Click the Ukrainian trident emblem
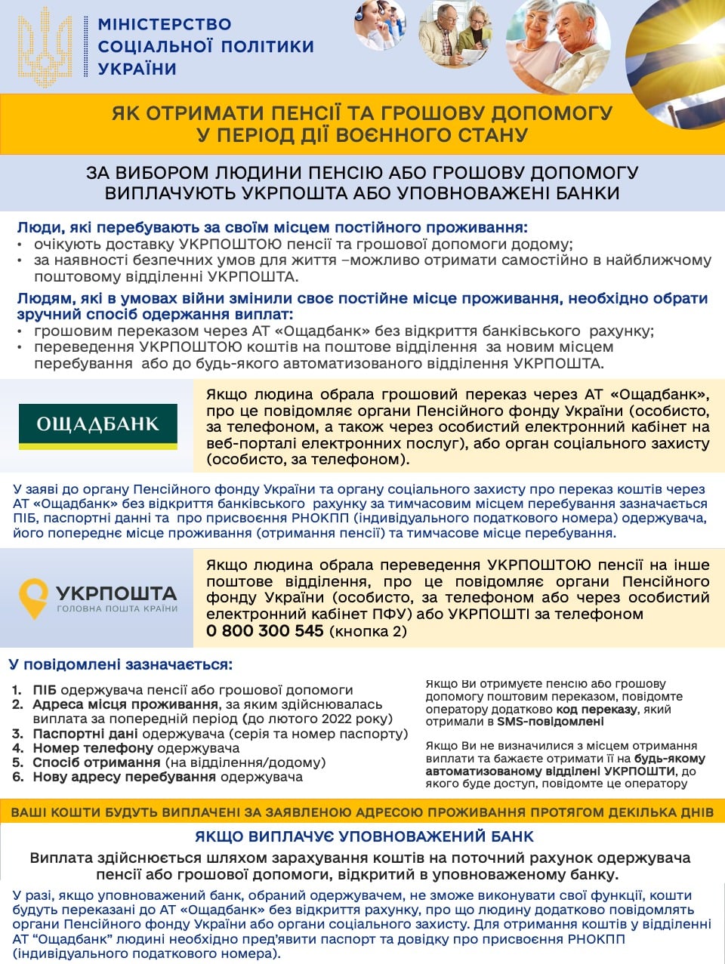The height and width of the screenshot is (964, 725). (x=45, y=48)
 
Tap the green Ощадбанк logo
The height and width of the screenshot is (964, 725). (x=98, y=425)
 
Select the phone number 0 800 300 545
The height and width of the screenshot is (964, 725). (x=264, y=631)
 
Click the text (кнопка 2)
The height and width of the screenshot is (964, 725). (x=368, y=632)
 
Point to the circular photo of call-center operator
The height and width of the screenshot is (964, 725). (x=379, y=24)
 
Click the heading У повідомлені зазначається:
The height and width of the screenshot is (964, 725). (x=121, y=665)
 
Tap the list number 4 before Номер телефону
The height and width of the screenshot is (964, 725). (x=17, y=748)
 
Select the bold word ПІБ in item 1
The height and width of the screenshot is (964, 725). (x=45, y=690)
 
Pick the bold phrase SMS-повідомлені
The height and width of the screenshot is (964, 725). (x=550, y=722)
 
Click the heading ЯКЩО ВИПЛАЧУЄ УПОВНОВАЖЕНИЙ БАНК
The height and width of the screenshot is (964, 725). (x=364, y=836)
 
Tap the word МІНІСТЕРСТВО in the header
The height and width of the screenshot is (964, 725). (x=165, y=24)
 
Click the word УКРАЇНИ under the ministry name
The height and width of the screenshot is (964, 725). (x=137, y=69)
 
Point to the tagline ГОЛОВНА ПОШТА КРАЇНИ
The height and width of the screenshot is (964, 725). (x=117, y=608)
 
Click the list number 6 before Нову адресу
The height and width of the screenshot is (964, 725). (x=17, y=777)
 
